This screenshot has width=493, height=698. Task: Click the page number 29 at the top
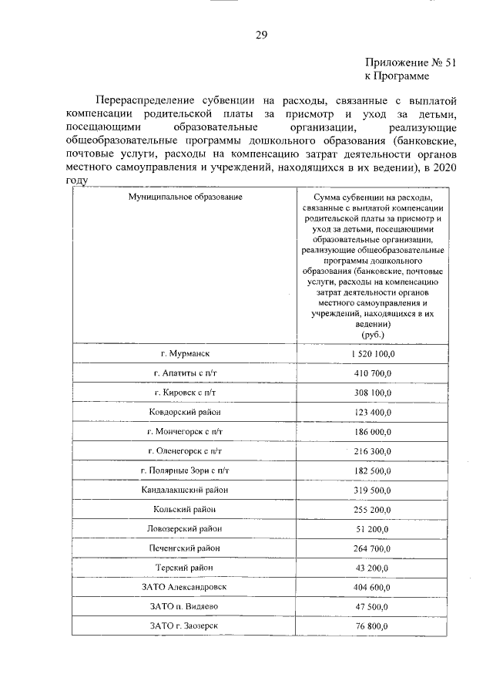pos(261,34)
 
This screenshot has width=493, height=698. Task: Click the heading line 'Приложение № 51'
pos(410,64)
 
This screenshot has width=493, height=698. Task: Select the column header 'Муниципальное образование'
pos(185,197)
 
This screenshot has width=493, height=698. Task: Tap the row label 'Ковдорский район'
pos(185,412)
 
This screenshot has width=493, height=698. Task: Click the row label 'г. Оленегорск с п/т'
pos(185,451)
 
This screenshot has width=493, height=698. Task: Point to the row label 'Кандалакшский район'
pos(185,490)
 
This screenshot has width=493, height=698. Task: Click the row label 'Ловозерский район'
pos(185,528)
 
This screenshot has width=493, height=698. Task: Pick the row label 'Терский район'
pos(185,568)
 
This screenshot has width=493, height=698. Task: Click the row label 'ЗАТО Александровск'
pos(185,587)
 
